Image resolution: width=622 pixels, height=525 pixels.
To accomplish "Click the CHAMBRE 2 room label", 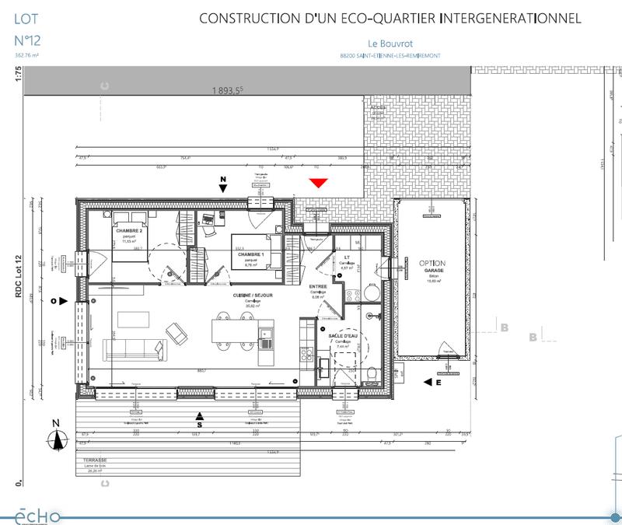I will click(128, 232).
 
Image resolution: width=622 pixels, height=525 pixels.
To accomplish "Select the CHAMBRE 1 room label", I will click(250, 255).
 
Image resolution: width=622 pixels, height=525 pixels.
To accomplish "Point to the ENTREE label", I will click(317, 286).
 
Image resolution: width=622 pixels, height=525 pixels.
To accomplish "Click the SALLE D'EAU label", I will click(343, 336).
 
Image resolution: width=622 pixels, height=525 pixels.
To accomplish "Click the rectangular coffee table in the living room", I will click(133, 319).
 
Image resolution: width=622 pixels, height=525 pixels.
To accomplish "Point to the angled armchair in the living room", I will click(177, 334).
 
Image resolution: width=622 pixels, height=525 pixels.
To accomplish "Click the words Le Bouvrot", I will click(390, 44).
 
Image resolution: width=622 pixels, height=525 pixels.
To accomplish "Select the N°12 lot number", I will click(28, 39).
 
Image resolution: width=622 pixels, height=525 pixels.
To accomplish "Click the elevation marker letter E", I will click(439, 382).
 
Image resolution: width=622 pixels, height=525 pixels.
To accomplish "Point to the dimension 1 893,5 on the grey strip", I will click(229, 90).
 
